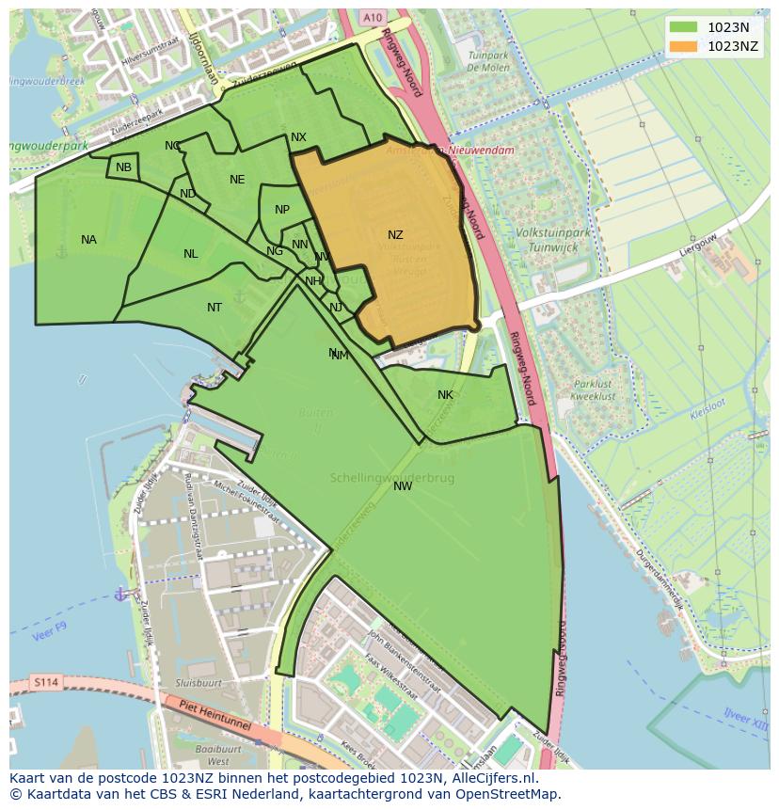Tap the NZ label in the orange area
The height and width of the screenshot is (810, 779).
point(395,235)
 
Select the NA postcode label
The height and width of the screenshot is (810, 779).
point(88,240)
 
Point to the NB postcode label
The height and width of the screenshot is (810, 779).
point(124,167)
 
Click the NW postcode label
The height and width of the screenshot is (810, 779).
point(403,486)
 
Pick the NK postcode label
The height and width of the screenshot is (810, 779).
point(445,395)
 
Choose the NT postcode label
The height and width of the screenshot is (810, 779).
point(215,308)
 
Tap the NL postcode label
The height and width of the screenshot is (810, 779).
point(191,254)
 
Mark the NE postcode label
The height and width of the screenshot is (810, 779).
point(237,180)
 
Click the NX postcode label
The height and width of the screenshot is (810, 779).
point(298,137)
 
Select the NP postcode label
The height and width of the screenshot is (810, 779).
point(282,210)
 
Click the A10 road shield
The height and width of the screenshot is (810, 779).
point(373,17)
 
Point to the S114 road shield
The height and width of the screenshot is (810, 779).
point(44,681)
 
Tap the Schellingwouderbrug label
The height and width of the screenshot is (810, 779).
point(392,478)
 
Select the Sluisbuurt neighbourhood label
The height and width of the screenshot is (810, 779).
point(199,683)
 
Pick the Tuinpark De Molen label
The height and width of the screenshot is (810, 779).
point(488,62)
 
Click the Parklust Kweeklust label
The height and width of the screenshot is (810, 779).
point(595,390)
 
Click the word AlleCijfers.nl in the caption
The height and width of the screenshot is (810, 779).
point(492,778)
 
